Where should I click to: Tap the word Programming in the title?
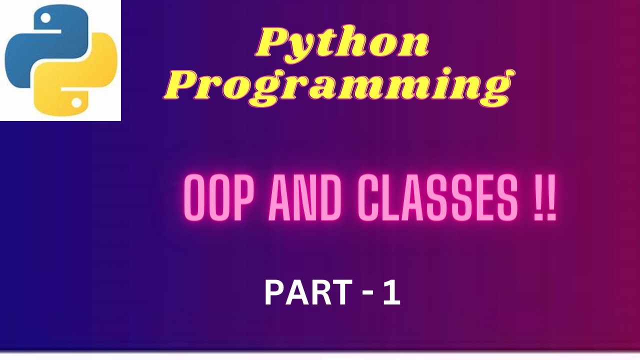coord(339,87)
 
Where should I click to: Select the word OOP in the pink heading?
coord(219,197)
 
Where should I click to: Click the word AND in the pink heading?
coord(305,197)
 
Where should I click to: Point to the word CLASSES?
coord(437,197)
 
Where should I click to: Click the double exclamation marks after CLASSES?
coord(545,197)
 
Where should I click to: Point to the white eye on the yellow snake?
coord(76,102)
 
